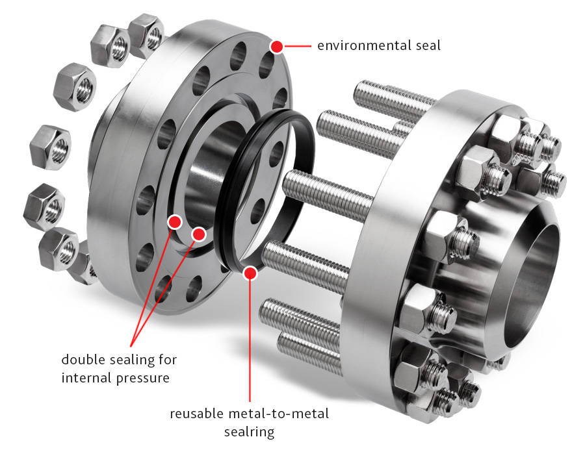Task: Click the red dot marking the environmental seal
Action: pyautogui.click(x=276, y=47)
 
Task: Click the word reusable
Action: pyautogui.click(x=196, y=414)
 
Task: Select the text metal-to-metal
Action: pyautogui.click(x=278, y=414)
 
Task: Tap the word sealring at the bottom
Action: pyautogui.click(x=249, y=432)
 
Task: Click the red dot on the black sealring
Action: pyautogui.click(x=250, y=273)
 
